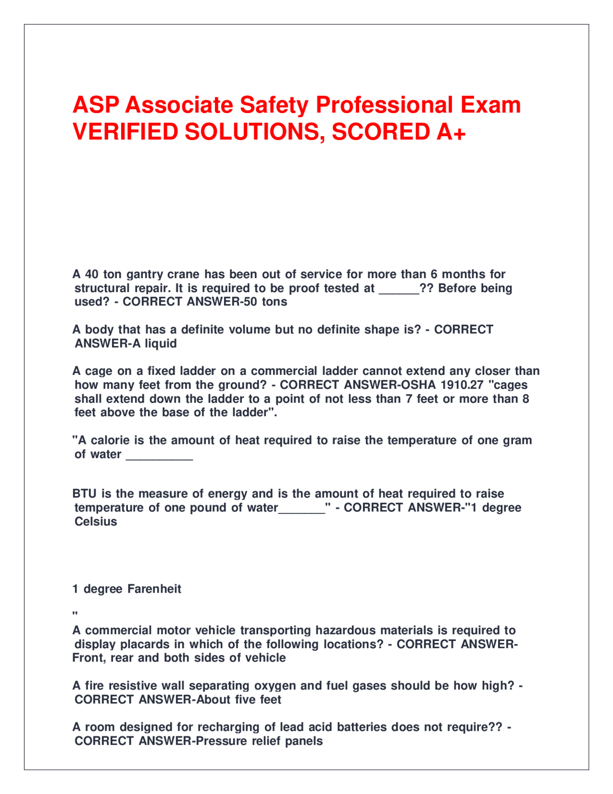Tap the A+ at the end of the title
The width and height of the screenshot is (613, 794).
point(451,132)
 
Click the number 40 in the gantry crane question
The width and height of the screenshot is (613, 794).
point(91,274)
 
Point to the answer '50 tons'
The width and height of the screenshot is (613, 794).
point(272,302)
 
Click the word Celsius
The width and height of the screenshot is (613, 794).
point(96,522)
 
